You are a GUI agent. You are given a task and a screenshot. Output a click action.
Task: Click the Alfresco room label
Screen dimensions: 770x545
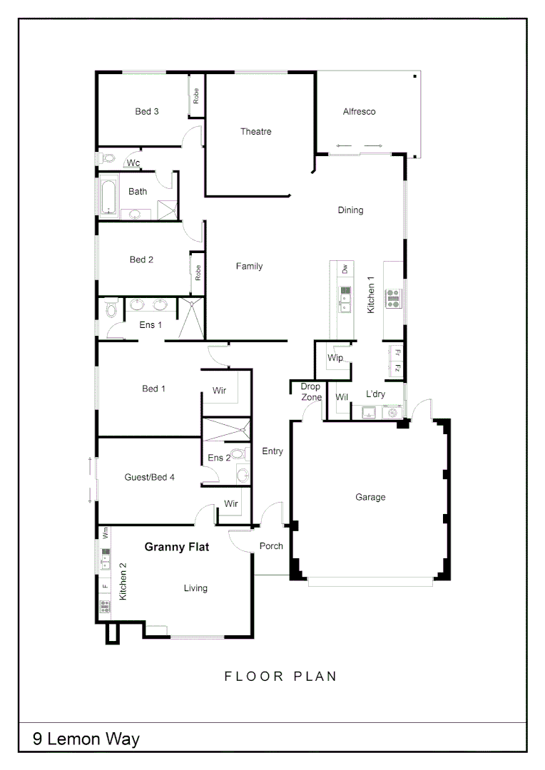pyautogui.click(x=359, y=112)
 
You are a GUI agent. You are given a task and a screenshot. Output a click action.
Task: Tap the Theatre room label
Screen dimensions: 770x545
pyautogui.click(x=255, y=132)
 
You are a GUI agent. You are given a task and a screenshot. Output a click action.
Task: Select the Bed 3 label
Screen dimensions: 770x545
pyautogui.click(x=147, y=111)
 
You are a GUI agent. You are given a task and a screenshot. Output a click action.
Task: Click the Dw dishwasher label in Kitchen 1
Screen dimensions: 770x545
pyautogui.click(x=345, y=269)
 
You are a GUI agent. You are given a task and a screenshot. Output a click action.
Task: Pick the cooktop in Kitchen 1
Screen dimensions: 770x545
pyautogui.click(x=393, y=298)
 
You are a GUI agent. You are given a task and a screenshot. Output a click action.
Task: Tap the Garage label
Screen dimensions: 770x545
pyautogui.click(x=370, y=497)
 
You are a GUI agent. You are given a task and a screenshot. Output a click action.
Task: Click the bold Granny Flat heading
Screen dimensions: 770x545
pyautogui.click(x=176, y=548)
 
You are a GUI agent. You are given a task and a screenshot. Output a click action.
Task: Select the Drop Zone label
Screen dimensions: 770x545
pyautogui.click(x=310, y=392)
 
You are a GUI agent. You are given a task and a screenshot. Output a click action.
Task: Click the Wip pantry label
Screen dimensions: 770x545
pyautogui.click(x=335, y=357)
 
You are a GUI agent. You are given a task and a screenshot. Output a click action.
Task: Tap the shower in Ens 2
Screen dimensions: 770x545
pyautogui.click(x=225, y=432)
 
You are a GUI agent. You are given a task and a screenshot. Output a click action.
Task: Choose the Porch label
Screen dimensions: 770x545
pyautogui.click(x=271, y=546)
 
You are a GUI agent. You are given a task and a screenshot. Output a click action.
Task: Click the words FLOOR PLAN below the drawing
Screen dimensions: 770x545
pyautogui.click(x=280, y=676)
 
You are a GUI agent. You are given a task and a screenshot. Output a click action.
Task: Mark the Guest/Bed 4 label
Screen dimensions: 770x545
pyautogui.click(x=150, y=477)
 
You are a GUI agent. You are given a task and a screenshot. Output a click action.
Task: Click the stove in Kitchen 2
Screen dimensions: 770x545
pyautogui.click(x=105, y=607)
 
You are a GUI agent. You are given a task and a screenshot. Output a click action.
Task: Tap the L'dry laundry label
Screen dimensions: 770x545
pyautogui.click(x=376, y=394)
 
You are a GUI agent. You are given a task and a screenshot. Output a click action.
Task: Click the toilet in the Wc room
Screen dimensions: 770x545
pyautogui.click(x=105, y=158)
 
